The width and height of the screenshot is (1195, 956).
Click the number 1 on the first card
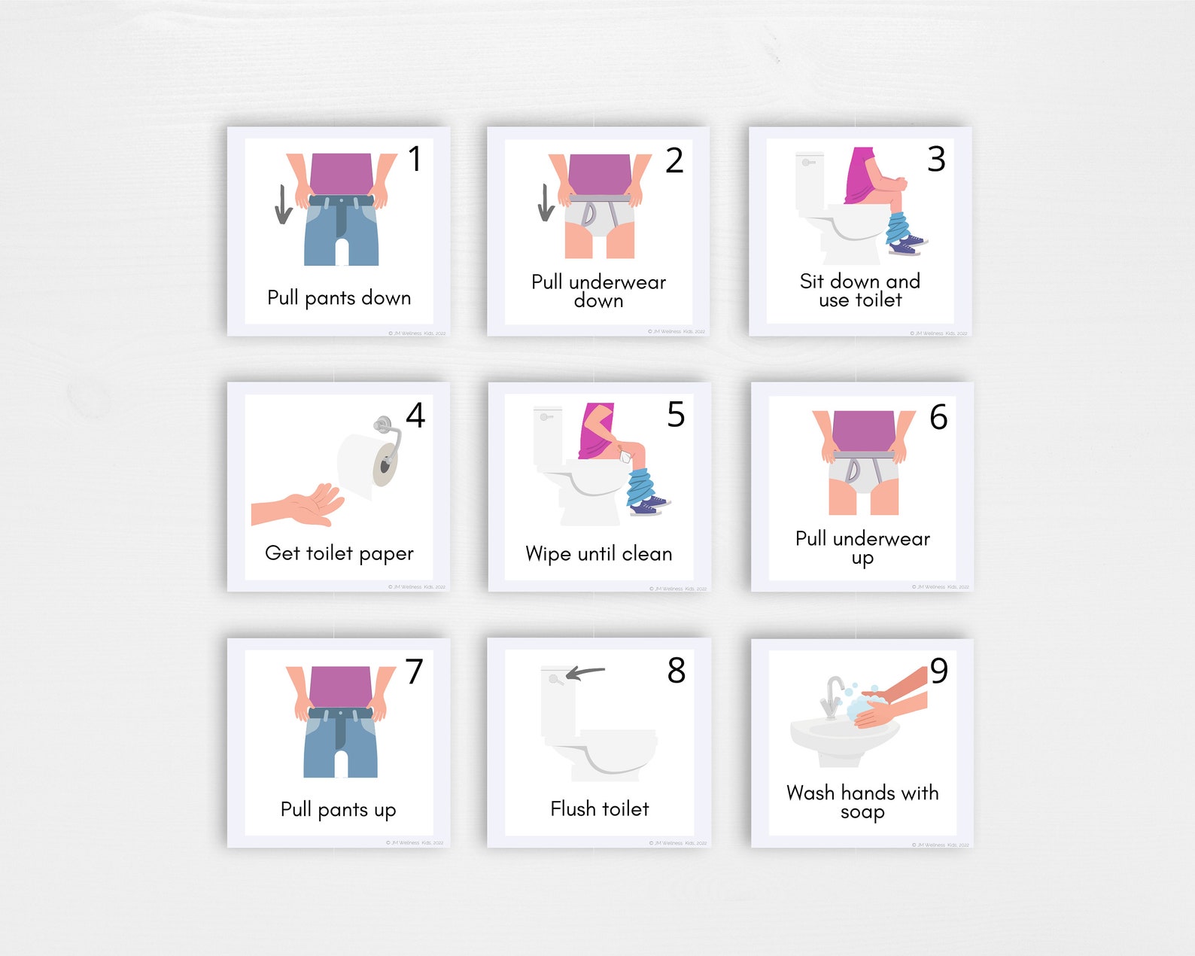pyautogui.click(x=415, y=159)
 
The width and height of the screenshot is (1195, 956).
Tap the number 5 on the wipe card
pyautogui.click(x=676, y=415)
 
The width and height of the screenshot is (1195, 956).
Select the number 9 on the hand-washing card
pyautogui.click(x=939, y=671)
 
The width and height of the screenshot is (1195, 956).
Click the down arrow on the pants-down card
pyautogui.click(x=283, y=204)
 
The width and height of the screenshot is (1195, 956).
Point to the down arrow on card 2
pyautogui.click(x=546, y=202)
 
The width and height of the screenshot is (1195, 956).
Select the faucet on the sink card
pyautogui.click(x=832, y=696)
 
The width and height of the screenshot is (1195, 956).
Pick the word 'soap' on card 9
pyautogui.click(x=862, y=812)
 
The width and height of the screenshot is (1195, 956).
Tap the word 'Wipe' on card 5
pyautogui.click(x=548, y=554)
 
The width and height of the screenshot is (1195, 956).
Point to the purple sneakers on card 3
pyautogui.click(x=907, y=245)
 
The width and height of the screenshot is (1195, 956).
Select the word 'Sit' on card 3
pyautogui.click(x=811, y=281)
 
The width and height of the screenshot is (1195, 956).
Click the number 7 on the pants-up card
pyautogui.click(x=415, y=671)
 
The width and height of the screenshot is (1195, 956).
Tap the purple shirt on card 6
pyautogui.click(x=863, y=431)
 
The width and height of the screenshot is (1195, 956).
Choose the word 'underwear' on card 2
pyautogui.click(x=617, y=282)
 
